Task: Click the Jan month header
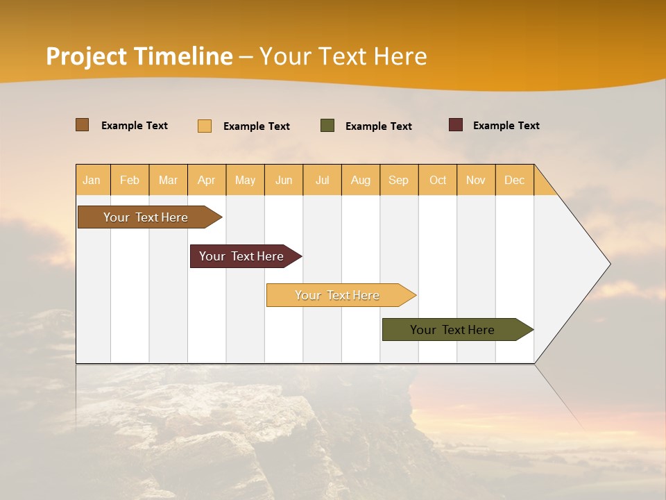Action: (x=92, y=180)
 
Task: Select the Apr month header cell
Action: (x=206, y=180)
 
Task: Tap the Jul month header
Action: (x=322, y=180)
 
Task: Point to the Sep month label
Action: (x=398, y=180)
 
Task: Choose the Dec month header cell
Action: (x=514, y=180)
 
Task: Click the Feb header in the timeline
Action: (x=130, y=180)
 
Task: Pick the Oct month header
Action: (x=438, y=180)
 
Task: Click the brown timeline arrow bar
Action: (x=146, y=217)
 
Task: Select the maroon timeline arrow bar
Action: (x=241, y=256)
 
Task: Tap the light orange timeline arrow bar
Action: (x=337, y=295)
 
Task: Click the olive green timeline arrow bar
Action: (x=452, y=330)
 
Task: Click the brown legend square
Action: (x=83, y=125)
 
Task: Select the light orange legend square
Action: (x=205, y=126)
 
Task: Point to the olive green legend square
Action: (x=327, y=126)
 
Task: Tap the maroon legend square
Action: (x=456, y=125)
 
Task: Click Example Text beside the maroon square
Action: (x=506, y=126)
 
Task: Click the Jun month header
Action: (x=284, y=180)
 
